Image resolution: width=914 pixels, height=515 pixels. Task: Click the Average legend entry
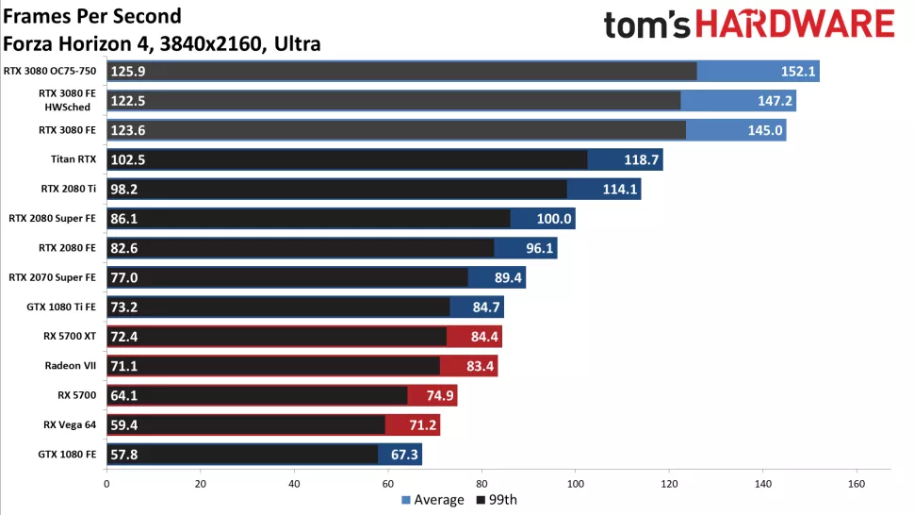pos(433,500)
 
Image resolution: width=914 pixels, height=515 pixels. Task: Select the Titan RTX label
pos(73,159)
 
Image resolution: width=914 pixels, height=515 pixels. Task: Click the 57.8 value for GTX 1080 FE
pos(125,455)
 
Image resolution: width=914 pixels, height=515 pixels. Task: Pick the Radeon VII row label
pos(71,365)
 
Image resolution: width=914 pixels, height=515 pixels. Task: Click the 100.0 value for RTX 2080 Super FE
pos(554,219)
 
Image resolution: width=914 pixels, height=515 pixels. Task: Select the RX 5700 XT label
pos(71,336)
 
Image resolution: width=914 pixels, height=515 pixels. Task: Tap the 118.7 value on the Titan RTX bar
pos(642,160)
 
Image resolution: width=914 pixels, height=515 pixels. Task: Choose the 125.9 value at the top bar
pos(128,72)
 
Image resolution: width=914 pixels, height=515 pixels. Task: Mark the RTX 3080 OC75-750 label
pos(56,71)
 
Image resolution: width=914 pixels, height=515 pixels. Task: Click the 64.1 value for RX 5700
pos(125,396)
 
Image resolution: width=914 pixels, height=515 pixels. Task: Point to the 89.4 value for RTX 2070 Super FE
pos(504,277)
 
